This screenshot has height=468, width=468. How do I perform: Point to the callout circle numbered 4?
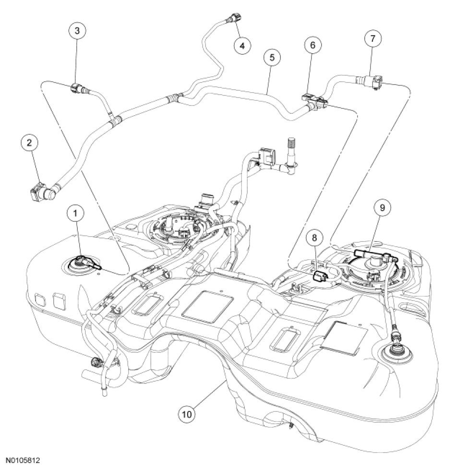(242, 46)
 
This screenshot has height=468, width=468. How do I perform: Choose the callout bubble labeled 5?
(272, 58)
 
